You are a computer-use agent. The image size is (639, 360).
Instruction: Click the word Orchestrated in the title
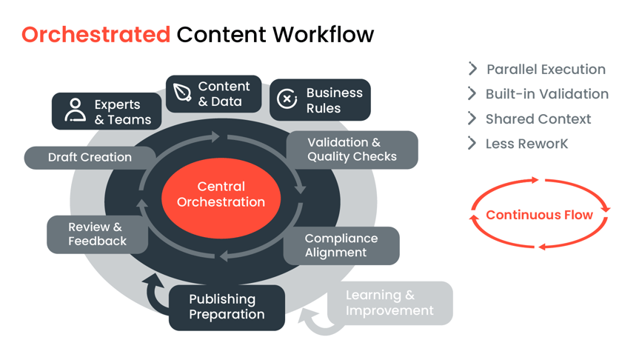[x=96, y=34]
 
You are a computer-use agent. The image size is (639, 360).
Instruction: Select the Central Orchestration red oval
[x=221, y=194]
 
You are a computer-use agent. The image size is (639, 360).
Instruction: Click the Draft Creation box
[x=90, y=157]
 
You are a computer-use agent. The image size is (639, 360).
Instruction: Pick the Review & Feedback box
[x=97, y=234]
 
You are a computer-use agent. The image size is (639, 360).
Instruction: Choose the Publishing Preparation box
[x=227, y=307]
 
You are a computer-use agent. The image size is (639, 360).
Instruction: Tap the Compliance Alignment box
[x=341, y=245]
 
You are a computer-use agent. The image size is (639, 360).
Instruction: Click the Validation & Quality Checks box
[x=352, y=150]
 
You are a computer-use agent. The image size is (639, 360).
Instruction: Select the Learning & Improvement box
[x=389, y=302]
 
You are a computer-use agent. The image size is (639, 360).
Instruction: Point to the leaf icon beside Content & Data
[x=182, y=93]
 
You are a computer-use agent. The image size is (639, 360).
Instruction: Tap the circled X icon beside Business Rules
[x=287, y=99]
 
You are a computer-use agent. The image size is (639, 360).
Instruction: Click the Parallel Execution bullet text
[x=546, y=70]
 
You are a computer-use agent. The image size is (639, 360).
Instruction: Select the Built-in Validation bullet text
[x=547, y=94]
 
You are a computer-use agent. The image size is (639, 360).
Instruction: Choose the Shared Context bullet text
[x=538, y=119]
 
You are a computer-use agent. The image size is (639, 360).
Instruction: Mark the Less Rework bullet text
[x=526, y=144]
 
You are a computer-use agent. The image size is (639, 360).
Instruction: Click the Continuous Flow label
[x=540, y=215]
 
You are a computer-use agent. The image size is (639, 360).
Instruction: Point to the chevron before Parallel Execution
[x=472, y=69]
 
